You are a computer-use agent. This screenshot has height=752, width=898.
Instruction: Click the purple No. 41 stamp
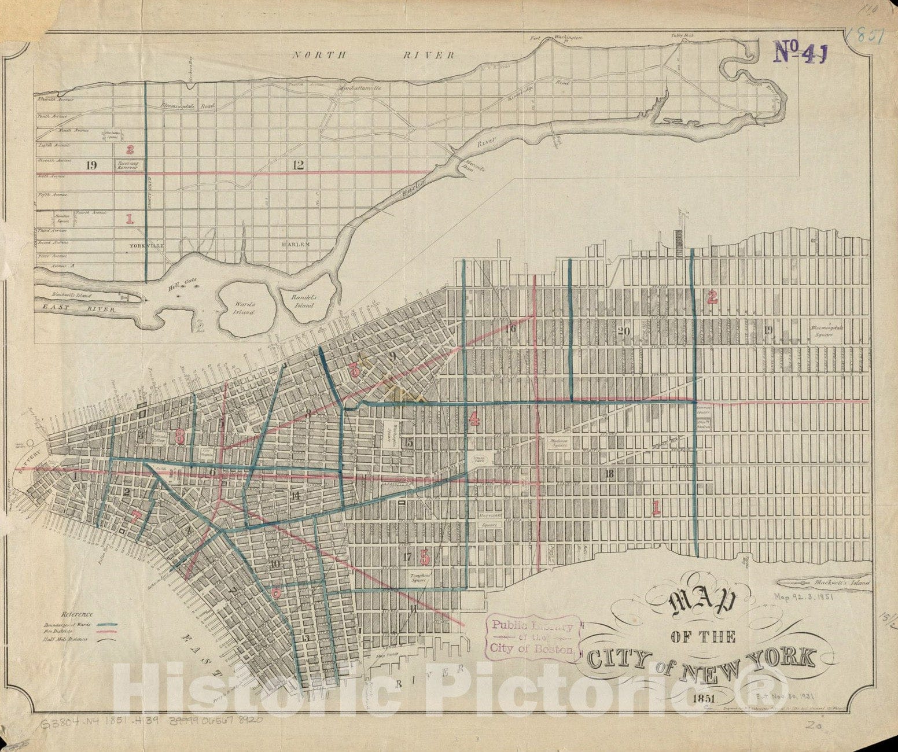800,51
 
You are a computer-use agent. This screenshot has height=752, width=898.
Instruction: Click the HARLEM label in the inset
295,245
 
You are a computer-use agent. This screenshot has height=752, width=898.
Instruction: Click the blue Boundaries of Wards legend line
108,625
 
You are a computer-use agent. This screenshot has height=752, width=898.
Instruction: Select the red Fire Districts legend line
108,632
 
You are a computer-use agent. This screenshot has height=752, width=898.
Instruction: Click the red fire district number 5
425,558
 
